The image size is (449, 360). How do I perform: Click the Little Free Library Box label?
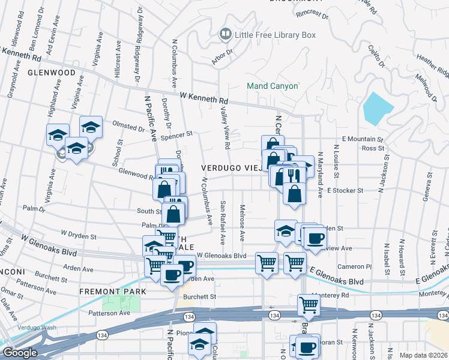click(x=275, y=35)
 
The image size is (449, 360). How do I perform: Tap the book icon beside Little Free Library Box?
click(x=225, y=35)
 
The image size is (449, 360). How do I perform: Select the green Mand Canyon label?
click(x=273, y=86)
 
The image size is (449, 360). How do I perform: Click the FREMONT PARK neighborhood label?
click(x=112, y=292)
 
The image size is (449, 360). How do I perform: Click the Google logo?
click(x=19, y=353)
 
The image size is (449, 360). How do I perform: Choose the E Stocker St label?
click(x=346, y=190)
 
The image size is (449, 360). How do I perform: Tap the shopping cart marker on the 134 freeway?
click(x=309, y=304)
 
